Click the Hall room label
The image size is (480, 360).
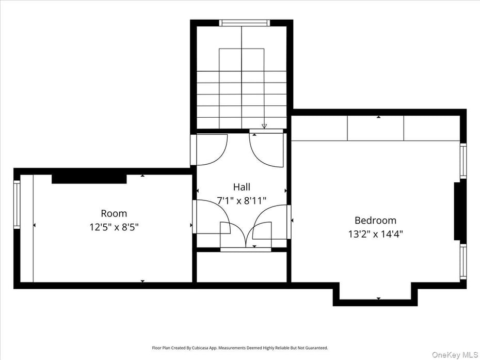click(242, 187)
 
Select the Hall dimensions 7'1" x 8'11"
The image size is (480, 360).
click(242, 200)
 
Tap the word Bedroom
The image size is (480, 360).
click(375, 220)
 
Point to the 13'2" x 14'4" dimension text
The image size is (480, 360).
click(375, 233)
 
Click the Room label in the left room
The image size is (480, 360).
click(114, 213)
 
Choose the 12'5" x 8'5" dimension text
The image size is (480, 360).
click(114, 226)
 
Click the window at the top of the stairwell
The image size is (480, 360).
click(245, 23)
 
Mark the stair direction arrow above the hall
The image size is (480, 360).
click(264, 126)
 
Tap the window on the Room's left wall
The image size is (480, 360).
click(17, 205)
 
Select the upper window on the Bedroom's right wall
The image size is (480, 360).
click(463, 161)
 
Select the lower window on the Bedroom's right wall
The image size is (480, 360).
click(463, 262)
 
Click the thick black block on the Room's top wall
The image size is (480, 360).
click(89, 179)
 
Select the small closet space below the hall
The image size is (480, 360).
click(242, 267)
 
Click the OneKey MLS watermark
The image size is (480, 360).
click(455, 354)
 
